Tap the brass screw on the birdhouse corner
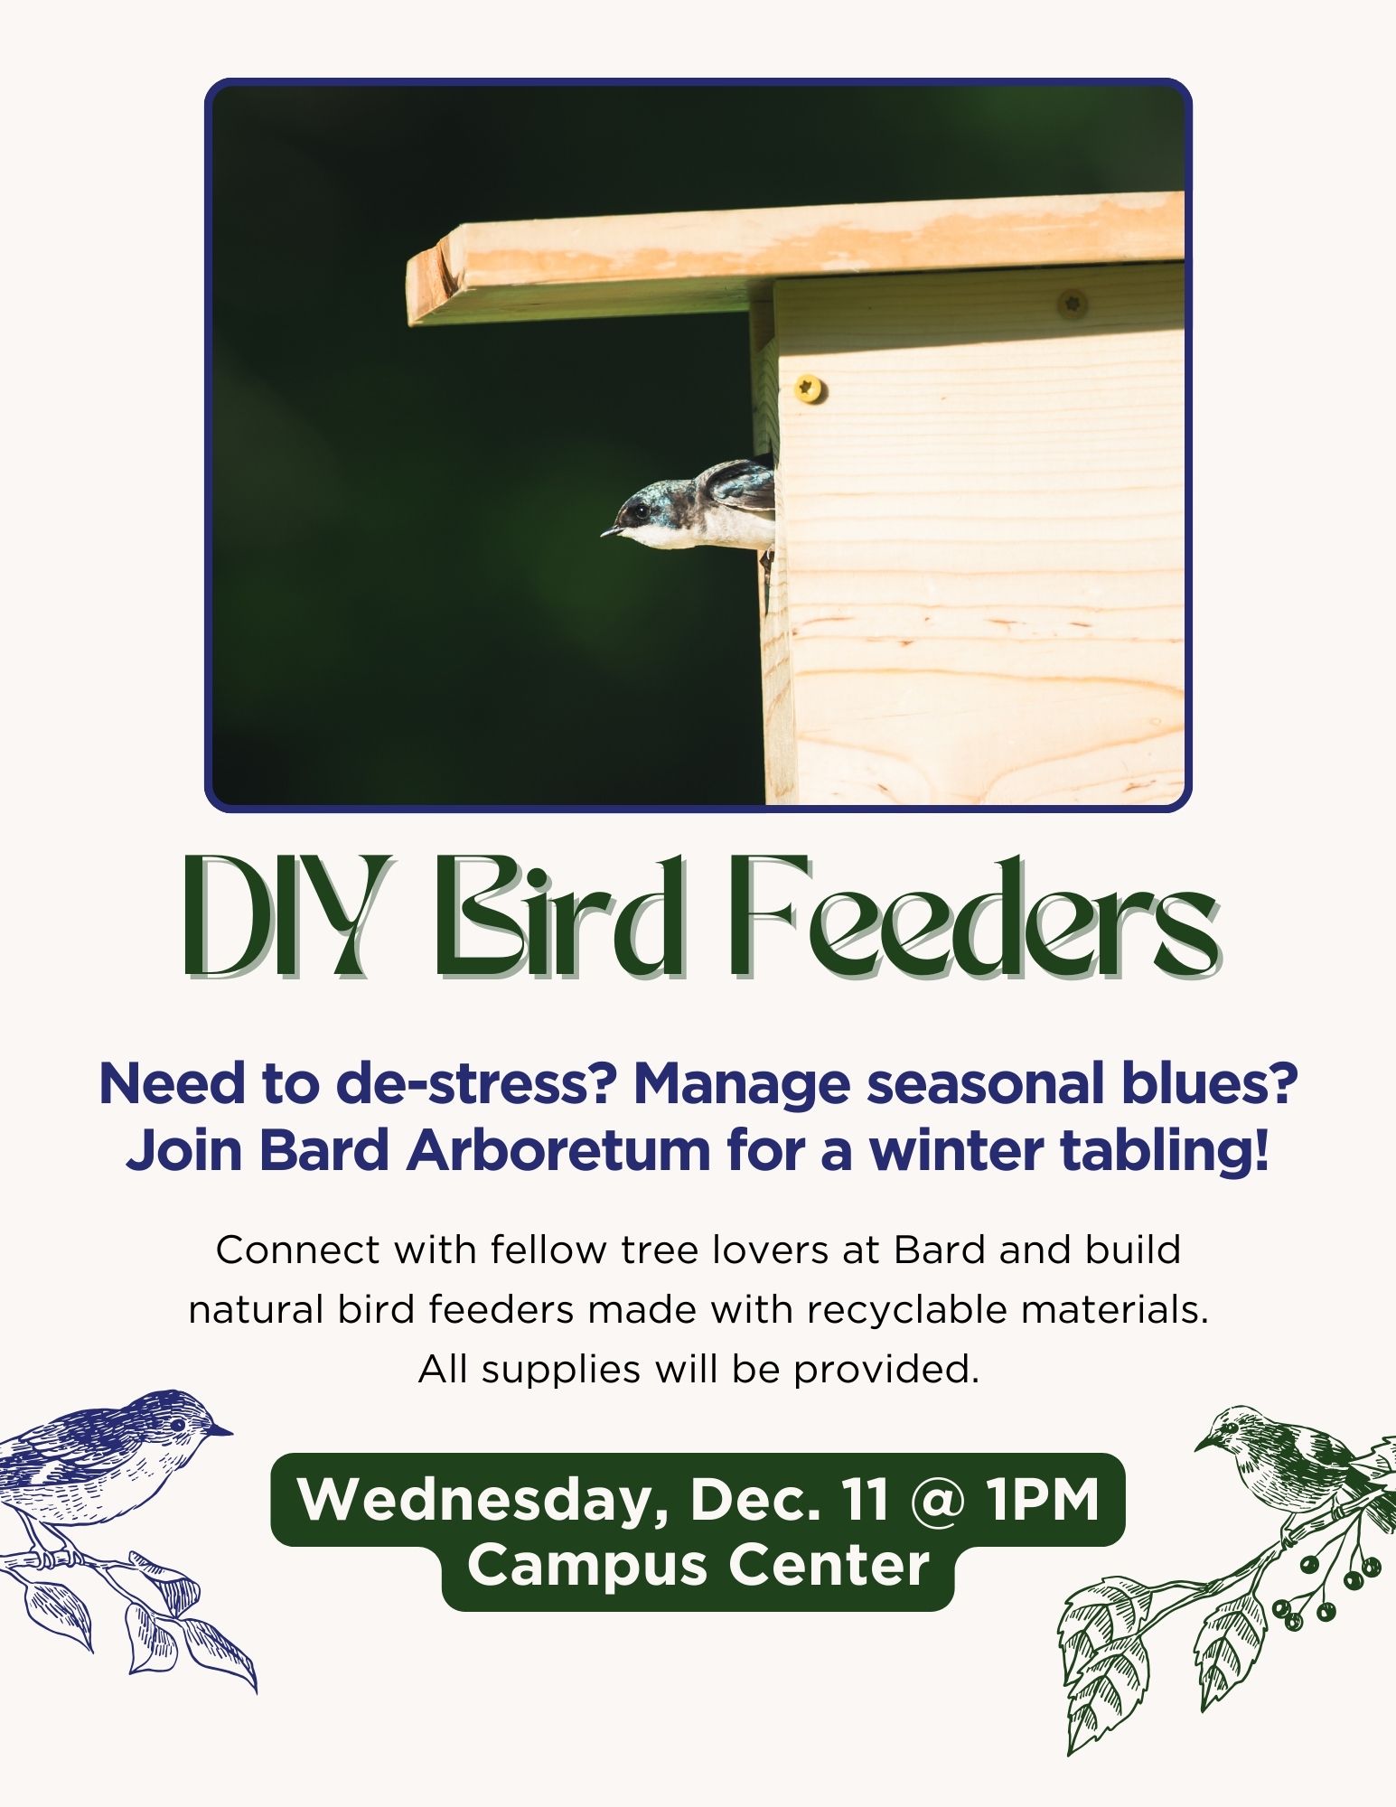coord(809,389)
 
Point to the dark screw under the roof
coord(1073,301)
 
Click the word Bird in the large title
coord(560,919)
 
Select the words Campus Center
coord(698,1566)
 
